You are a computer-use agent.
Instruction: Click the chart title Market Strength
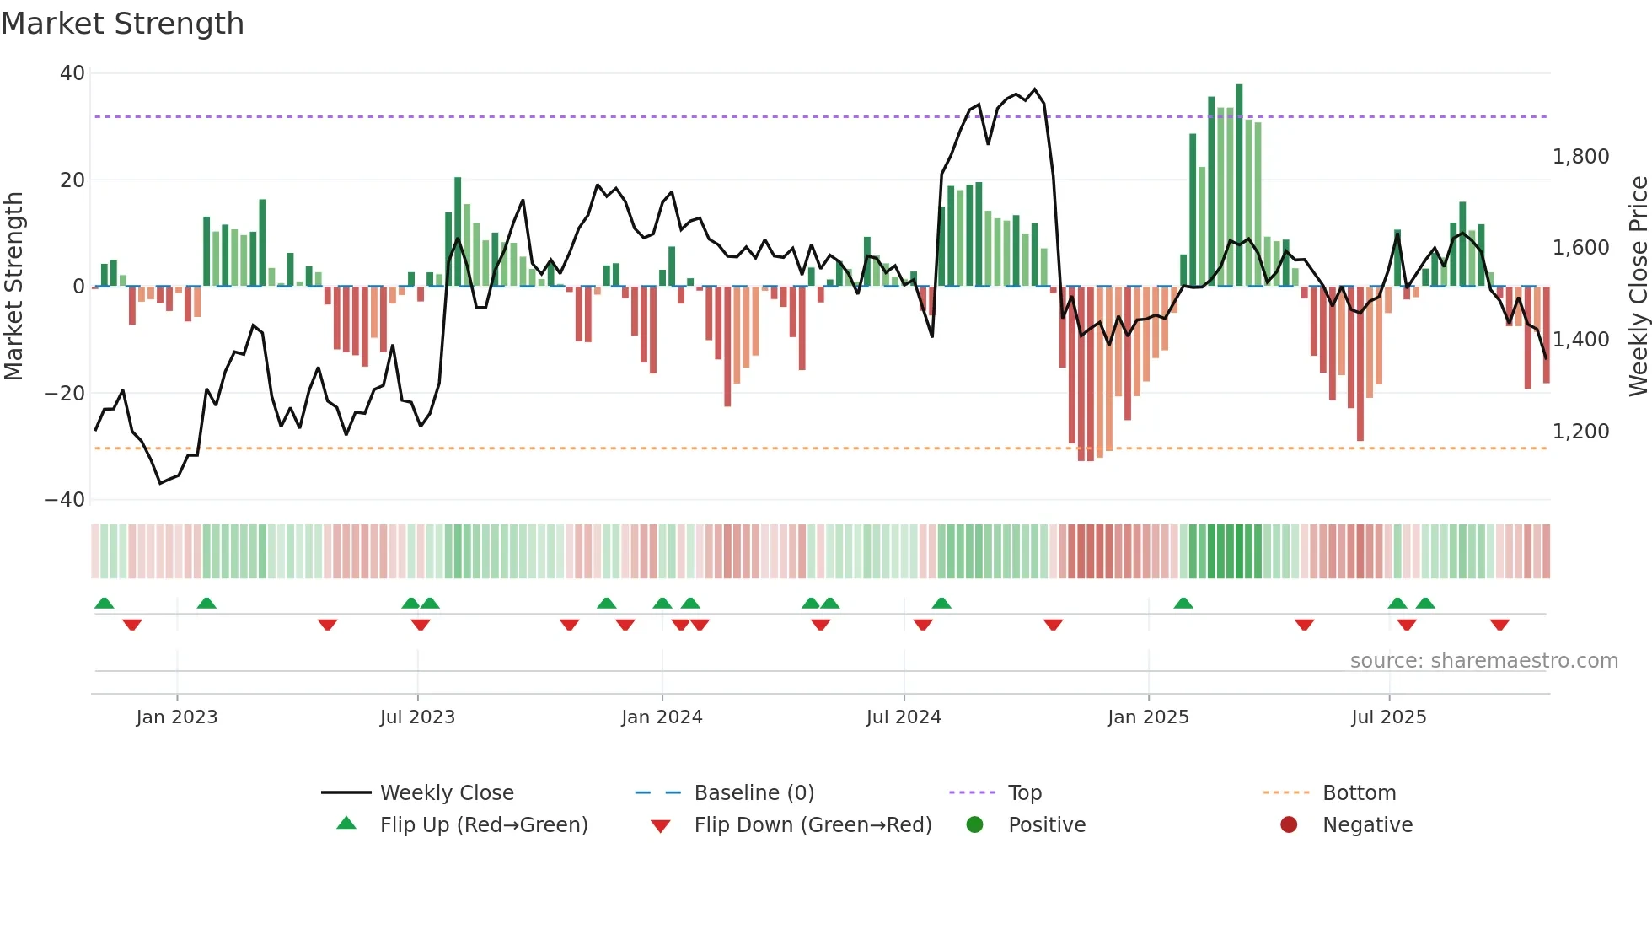click(122, 24)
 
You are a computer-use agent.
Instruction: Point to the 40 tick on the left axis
click(72, 73)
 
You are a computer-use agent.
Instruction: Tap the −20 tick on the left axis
click(65, 393)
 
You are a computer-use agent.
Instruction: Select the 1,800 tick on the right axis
click(1580, 157)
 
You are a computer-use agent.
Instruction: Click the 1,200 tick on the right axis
click(1580, 432)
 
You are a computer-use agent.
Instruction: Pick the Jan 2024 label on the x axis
click(662, 717)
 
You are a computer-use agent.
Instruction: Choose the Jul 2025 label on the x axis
click(1388, 717)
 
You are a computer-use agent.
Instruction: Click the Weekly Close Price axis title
click(1638, 287)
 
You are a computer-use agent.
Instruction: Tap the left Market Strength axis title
click(14, 287)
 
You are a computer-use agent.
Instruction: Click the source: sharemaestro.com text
click(1483, 661)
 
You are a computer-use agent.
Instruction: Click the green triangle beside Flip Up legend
click(346, 824)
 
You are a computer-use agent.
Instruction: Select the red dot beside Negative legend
click(1289, 824)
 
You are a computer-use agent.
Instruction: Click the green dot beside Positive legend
click(974, 824)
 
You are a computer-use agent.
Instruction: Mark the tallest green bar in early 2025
click(1239, 185)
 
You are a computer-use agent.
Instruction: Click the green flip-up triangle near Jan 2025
click(1183, 604)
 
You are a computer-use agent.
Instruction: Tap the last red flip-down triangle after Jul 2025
click(1499, 625)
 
